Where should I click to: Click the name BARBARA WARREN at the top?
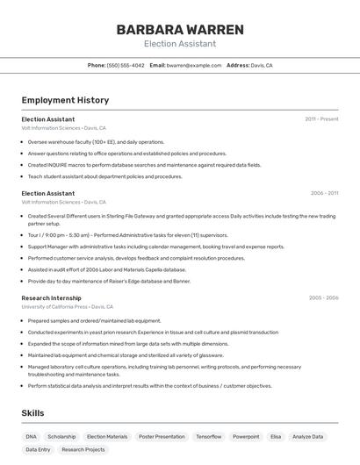point(179,30)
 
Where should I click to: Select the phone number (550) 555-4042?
point(126,65)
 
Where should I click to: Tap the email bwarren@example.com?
point(194,65)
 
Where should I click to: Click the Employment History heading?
point(65,100)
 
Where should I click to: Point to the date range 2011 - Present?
point(321,118)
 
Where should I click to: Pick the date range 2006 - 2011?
point(324,193)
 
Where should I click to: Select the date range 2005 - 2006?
point(323,297)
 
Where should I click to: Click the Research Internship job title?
point(51,297)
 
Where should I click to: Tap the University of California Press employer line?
point(68,307)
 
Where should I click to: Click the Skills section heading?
point(32,413)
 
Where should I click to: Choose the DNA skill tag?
point(31,436)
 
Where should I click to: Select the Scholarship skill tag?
point(61,436)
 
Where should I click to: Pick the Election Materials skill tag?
point(107,436)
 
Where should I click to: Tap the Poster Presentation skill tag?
point(162,436)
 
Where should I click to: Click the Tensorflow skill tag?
point(209,436)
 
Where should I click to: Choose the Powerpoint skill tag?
point(246,436)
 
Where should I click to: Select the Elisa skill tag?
point(276,436)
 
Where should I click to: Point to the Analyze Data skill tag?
point(308,436)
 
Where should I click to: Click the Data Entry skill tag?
point(38,449)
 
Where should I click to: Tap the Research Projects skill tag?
point(83,449)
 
